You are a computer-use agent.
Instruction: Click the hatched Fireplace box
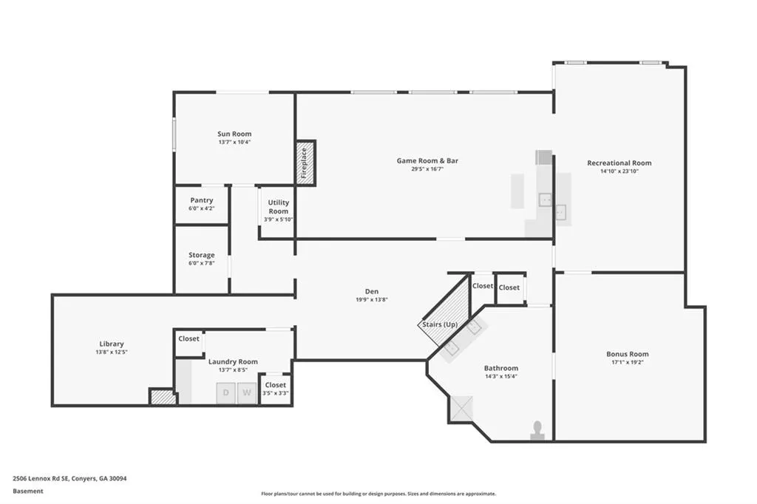click(x=305, y=163)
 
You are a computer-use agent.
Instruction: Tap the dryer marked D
click(x=225, y=393)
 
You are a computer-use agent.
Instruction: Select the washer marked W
click(x=247, y=393)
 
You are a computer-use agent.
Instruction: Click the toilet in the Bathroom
click(x=537, y=431)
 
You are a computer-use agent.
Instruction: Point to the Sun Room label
click(x=234, y=134)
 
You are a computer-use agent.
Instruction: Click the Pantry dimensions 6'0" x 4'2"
click(x=201, y=208)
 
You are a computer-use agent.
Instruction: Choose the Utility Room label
click(x=279, y=207)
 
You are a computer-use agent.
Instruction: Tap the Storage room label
click(x=201, y=255)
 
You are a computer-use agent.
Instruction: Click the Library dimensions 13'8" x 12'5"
click(x=112, y=353)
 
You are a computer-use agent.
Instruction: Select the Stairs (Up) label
click(x=440, y=324)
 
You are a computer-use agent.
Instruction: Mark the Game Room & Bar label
click(x=427, y=161)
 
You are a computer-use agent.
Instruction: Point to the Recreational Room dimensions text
click(x=619, y=171)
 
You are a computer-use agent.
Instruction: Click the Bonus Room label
click(x=627, y=354)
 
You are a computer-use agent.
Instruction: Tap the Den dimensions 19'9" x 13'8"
click(x=372, y=299)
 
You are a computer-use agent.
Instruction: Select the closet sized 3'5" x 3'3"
click(x=275, y=389)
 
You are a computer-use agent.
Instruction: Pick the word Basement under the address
click(x=28, y=491)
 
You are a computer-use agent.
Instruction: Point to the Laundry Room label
click(x=233, y=361)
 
